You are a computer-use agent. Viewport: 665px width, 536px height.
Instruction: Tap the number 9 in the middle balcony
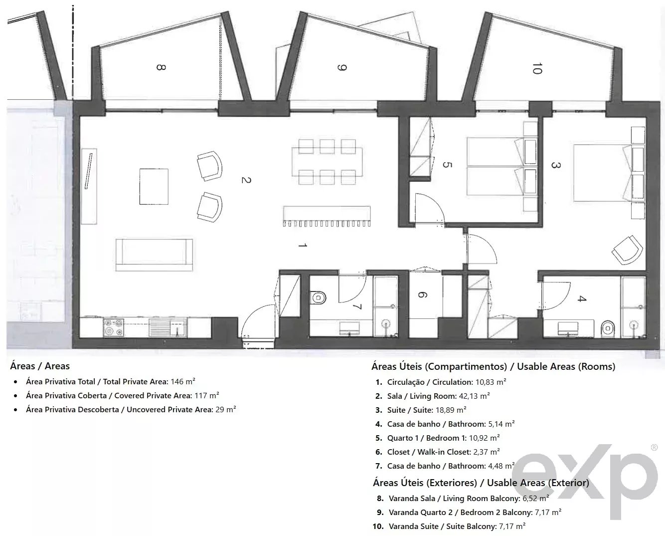(341, 67)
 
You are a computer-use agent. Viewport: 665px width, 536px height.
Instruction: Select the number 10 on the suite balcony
(536, 69)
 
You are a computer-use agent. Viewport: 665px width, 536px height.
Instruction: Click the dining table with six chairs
(327, 160)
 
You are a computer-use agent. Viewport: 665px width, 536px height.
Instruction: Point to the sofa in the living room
(154, 254)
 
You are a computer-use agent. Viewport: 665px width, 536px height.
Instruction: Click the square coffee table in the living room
(154, 186)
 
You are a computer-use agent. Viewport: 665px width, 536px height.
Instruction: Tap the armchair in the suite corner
(626, 250)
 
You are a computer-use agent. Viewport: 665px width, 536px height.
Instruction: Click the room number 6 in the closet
(422, 295)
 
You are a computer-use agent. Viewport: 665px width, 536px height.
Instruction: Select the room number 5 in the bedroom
(447, 165)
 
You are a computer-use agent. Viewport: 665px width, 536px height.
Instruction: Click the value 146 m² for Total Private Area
(182, 382)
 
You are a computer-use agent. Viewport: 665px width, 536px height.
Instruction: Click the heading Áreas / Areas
(40, 366)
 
